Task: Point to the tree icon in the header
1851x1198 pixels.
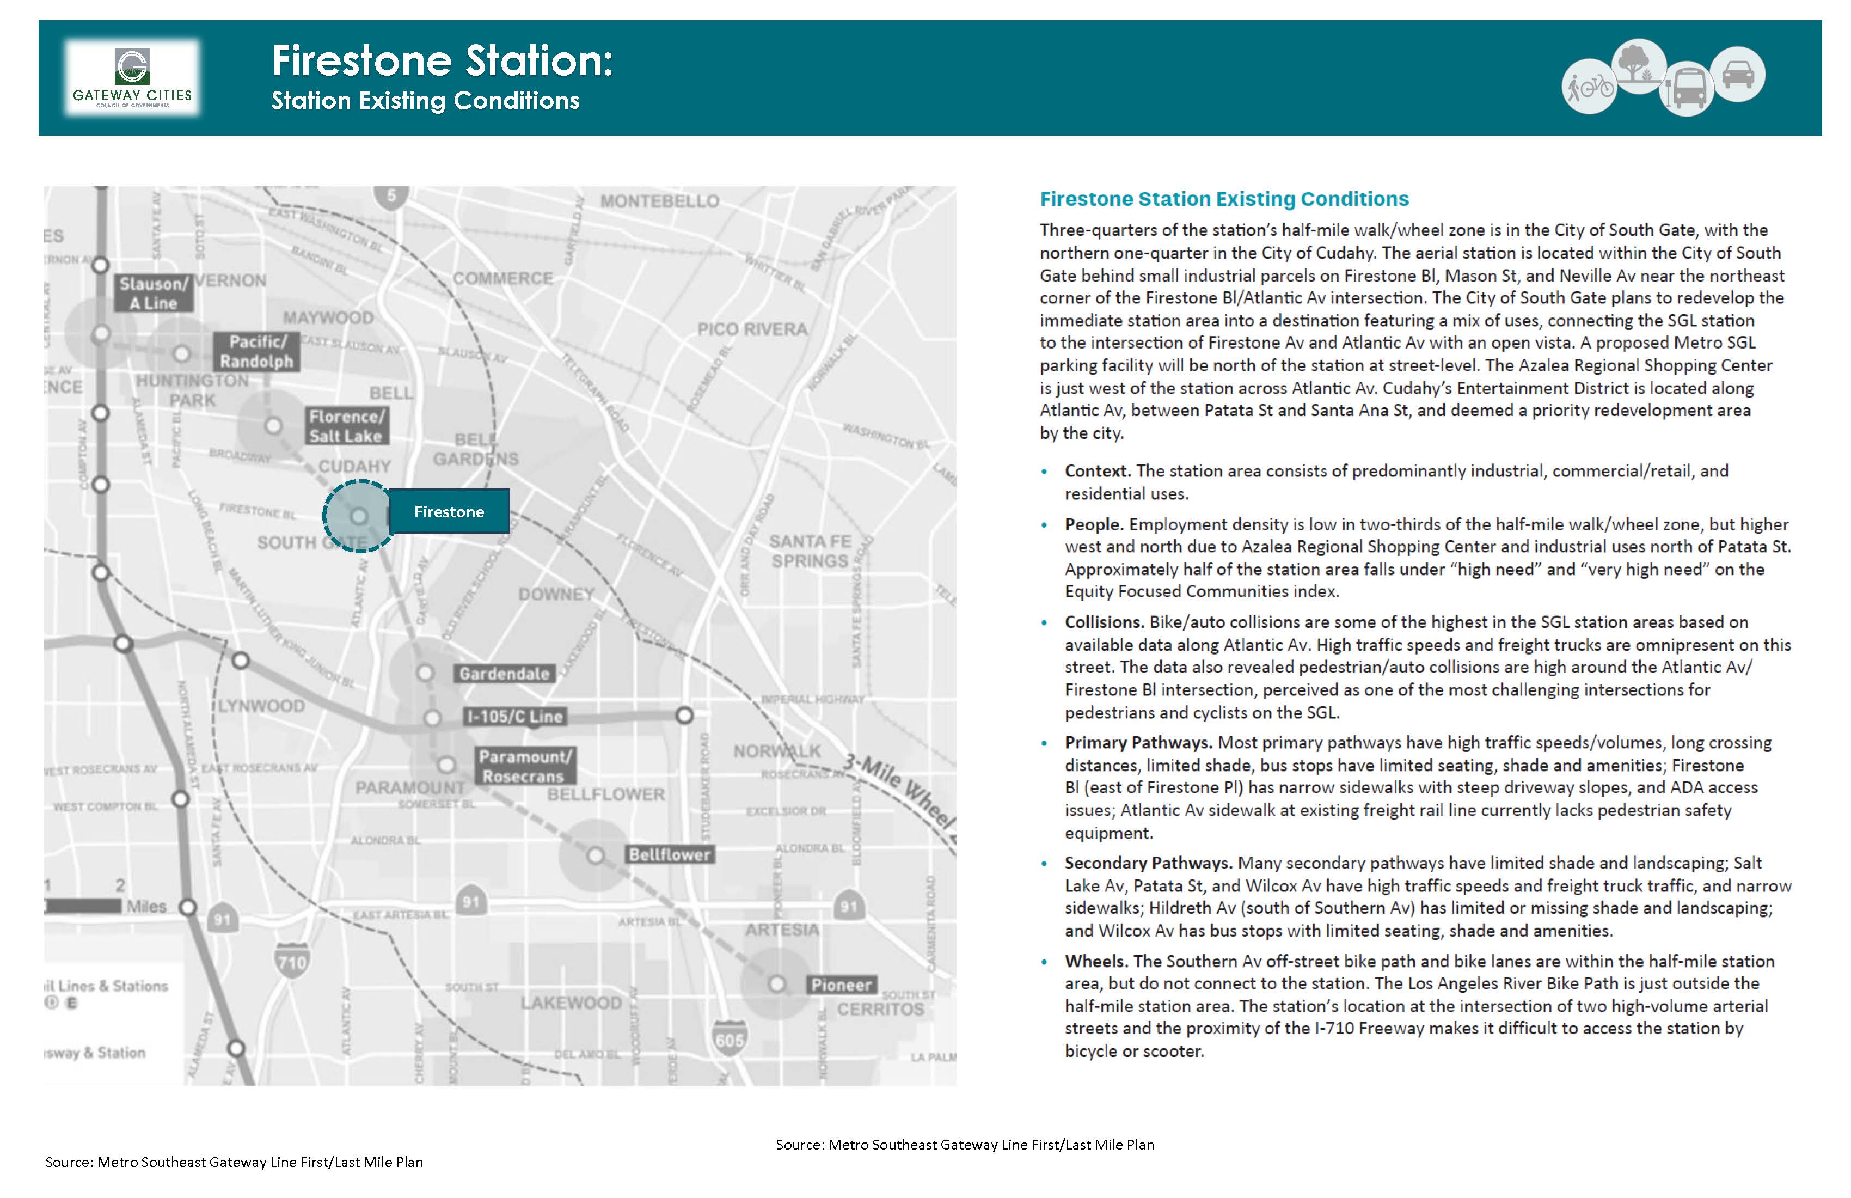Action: (1639, 65)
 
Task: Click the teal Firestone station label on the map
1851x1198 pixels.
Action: (449, 512)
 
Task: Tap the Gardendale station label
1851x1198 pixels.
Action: (504, 674)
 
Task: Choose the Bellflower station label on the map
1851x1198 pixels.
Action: (669, 855)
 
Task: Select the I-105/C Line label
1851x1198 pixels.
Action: (514, 717)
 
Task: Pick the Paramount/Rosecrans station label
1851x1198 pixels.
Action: (525, 766)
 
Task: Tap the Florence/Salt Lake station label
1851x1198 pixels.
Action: (346, 426)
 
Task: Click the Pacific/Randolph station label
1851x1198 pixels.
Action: (256, 352)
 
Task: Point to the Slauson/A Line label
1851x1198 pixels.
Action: (153, 294)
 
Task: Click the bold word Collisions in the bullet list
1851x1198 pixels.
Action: (1104, 622)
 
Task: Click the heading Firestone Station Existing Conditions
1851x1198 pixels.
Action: (1224, 199)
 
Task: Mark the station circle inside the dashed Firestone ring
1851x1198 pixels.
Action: (359, 516)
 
